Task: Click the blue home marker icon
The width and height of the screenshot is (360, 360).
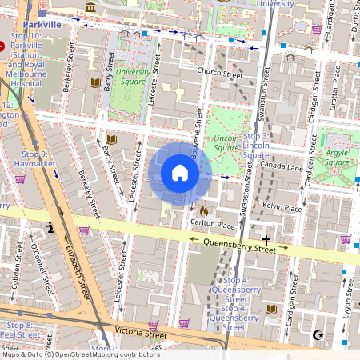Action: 180,173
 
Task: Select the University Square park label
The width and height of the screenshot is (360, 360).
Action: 132,77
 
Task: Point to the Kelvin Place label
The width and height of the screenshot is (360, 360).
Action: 282,208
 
